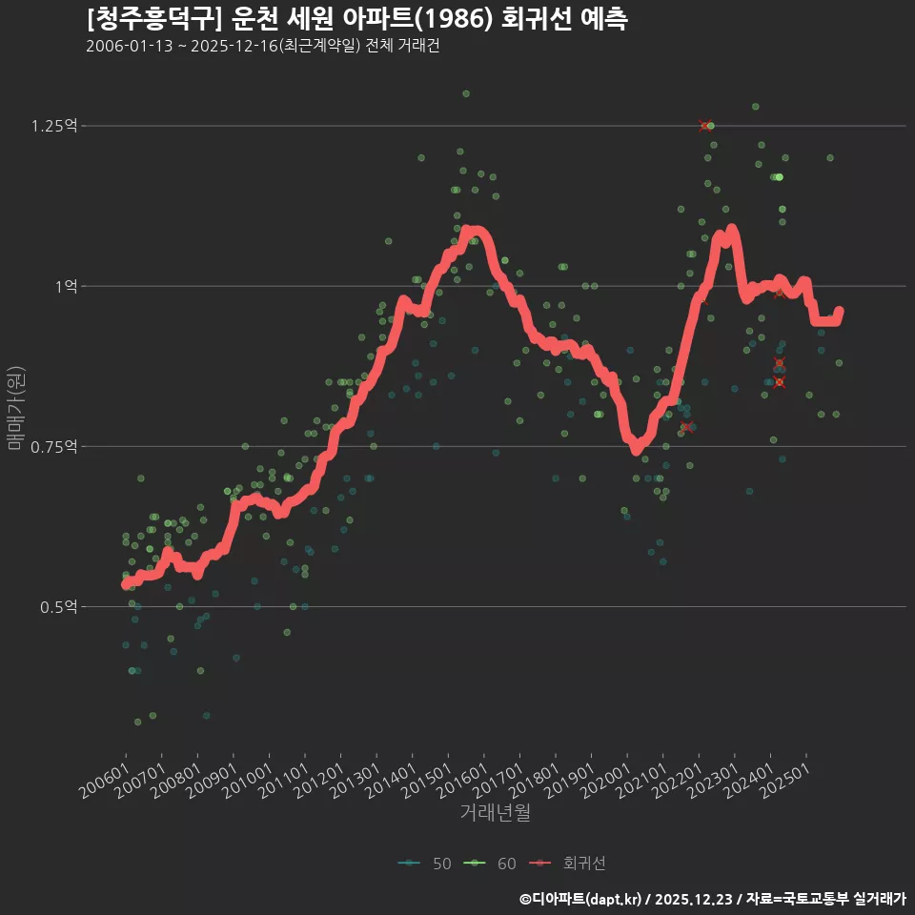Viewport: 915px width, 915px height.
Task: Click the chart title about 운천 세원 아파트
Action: pos(356,19)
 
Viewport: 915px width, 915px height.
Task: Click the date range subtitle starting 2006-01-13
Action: pos(262,47)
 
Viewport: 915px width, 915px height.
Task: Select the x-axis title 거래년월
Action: pos(495,812)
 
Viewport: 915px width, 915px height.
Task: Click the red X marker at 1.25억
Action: pos(705,126)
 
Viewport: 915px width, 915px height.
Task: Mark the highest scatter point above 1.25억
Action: pos(466,93)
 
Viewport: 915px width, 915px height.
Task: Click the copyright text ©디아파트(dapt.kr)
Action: pos(582,899)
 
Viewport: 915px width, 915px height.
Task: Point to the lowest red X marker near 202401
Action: pos(780,382)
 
